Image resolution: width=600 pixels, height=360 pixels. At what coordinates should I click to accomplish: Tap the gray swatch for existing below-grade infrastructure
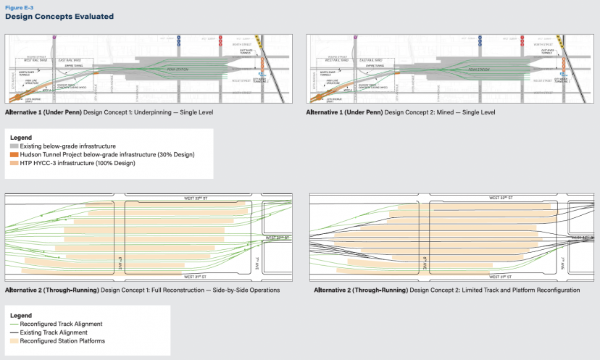tap(14, 146)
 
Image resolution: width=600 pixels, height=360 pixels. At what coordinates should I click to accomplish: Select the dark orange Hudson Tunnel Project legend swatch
tap(14, 154)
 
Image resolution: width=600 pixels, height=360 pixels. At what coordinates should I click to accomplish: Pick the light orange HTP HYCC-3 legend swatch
tap(14, 163)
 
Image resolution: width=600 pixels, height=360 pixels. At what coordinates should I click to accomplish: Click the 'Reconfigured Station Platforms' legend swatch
tap(14, 341)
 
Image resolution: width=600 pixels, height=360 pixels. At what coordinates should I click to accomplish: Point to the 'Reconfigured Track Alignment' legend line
tap(14, 324)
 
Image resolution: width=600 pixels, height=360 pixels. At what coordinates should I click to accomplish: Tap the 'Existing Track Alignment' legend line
tap(14, 332)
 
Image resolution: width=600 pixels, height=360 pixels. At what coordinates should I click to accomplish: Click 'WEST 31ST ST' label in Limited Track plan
tap(500, 277)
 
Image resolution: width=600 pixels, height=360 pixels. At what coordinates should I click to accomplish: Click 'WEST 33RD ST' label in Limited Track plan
tap(502, 198)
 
